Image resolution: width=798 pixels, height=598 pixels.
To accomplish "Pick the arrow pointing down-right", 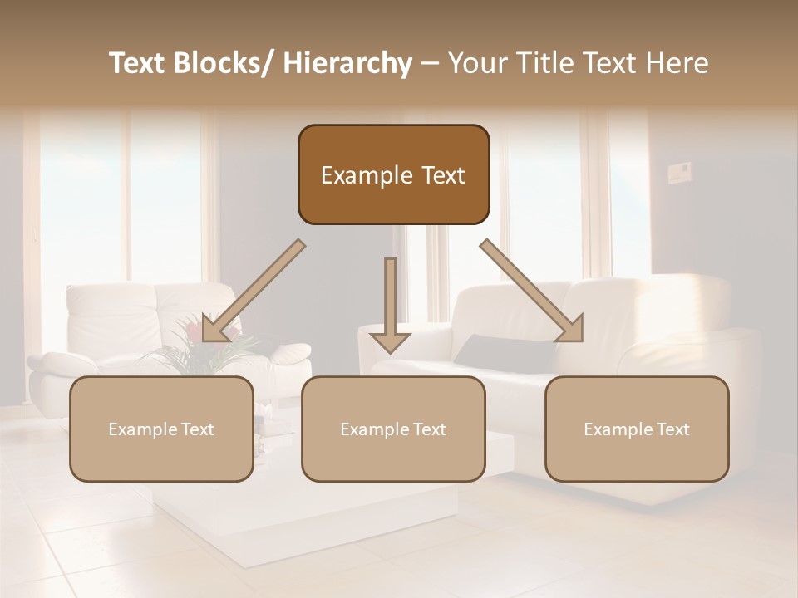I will [x=533, y=291].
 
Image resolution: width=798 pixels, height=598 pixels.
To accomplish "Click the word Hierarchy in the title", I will [x=347, y=63].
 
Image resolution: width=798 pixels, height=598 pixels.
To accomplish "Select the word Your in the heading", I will [x=477, y=63].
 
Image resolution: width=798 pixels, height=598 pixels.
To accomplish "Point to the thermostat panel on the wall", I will [x=680, y=173].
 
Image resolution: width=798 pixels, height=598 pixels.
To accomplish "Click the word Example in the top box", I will [x=367, y=175].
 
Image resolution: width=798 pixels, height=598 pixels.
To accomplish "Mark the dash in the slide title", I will [x=430, y=63].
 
